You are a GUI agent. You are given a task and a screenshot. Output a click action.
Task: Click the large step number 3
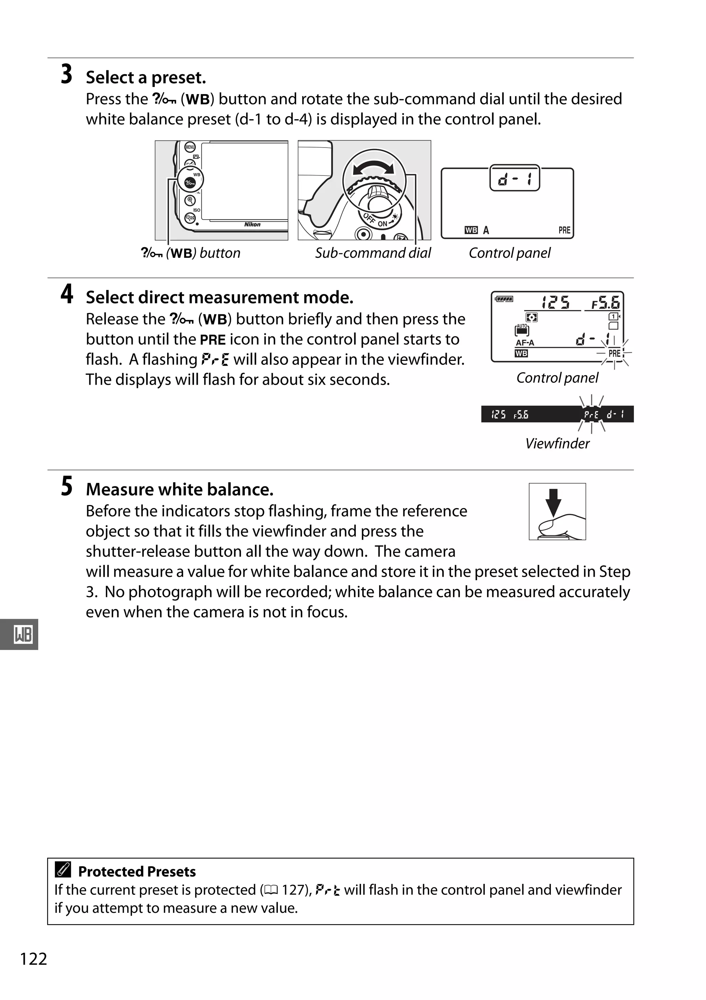(66, 74)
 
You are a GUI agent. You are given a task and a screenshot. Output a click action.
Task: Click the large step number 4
(67, 294)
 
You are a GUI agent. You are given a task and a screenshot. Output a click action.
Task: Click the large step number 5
(67, 486)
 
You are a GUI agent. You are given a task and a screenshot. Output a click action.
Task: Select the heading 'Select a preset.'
(145, 78)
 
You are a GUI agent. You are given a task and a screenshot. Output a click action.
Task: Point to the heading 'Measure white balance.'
(180, 489)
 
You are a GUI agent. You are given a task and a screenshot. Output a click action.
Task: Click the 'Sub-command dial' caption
(373, 253)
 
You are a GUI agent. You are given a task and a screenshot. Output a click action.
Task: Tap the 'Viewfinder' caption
(557, 443)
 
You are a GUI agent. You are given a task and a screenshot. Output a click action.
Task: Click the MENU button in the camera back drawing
(190, 147)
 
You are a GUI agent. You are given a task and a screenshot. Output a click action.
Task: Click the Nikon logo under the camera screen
(252, 224)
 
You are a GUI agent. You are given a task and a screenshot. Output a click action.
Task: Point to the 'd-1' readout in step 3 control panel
(514, 178)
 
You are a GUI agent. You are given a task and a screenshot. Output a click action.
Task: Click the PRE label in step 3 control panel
(564, 230)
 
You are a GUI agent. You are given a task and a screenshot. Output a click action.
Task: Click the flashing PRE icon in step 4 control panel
(614, 353)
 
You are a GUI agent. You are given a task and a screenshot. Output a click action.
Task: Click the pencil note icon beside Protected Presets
(63, 871)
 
